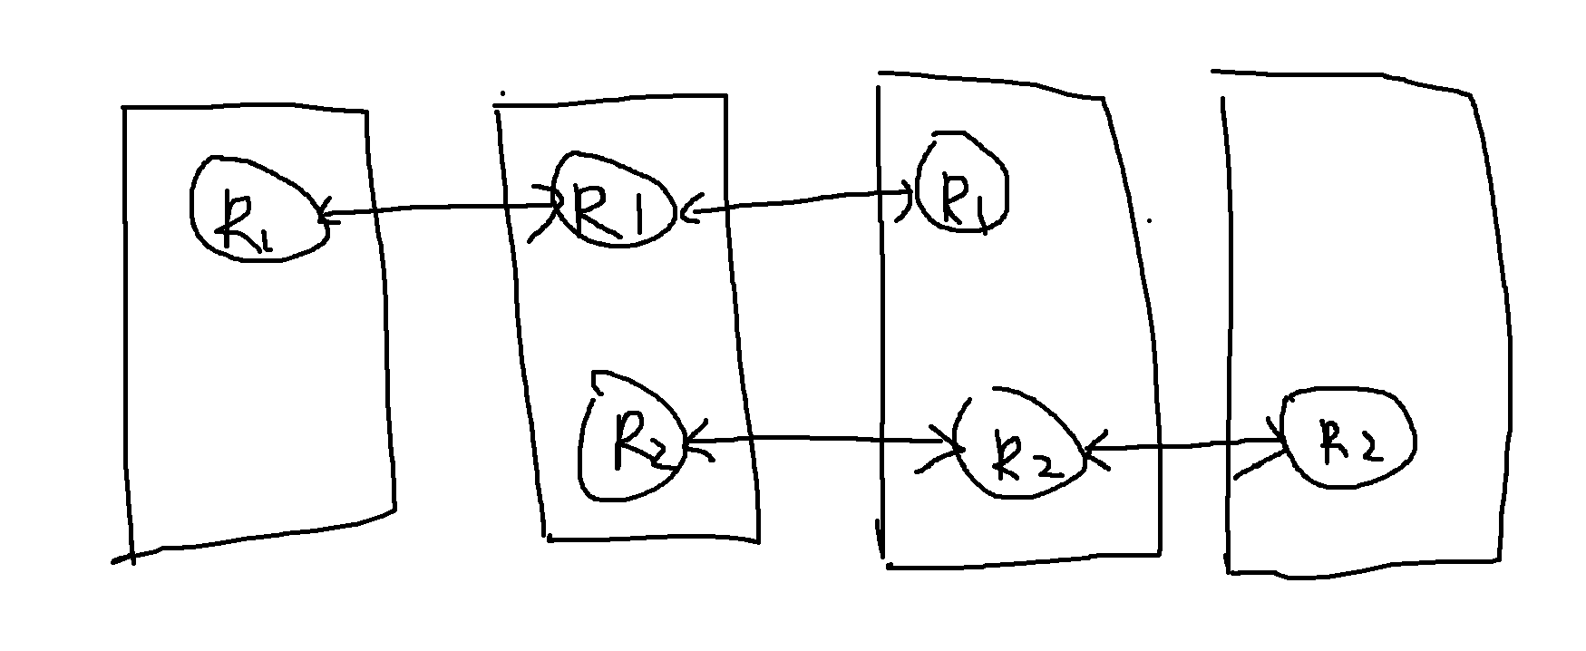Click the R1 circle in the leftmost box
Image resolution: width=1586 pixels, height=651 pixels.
coord(258,211)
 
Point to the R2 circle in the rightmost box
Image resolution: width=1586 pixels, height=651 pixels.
coord(1348,442)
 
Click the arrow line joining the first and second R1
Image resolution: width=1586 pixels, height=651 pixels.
coord(435,210)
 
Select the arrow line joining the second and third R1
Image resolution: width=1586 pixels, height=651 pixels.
coord(798,200)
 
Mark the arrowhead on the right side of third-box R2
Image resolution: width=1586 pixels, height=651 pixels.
coord(1090,448)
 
